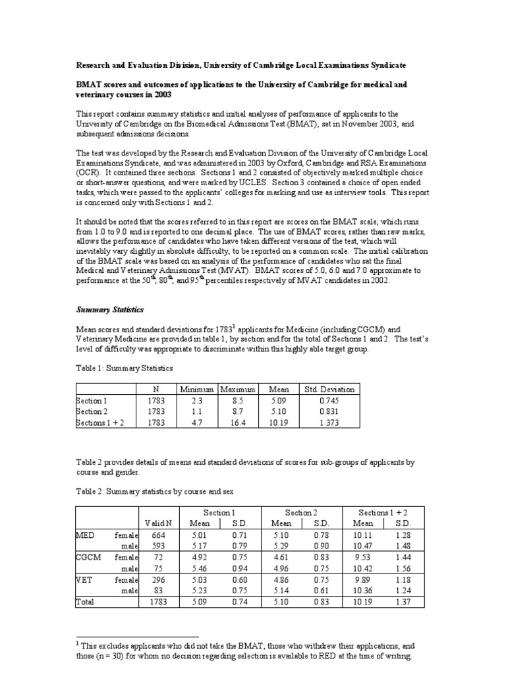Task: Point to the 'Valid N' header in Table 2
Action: tap(159, 523)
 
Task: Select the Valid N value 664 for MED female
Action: tap(159, 535)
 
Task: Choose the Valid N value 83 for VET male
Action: tap(159, 591)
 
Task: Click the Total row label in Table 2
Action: tap(86, 602)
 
